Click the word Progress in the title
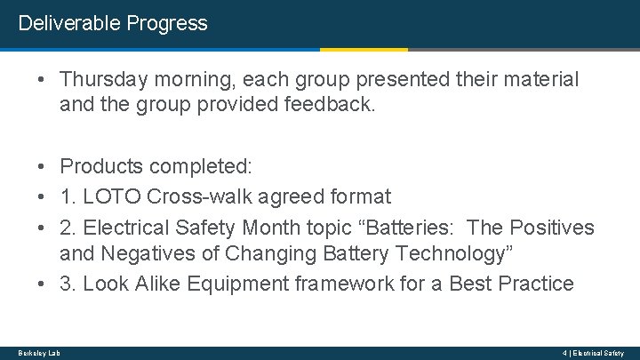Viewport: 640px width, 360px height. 167,23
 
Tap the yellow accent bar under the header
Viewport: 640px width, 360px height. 364,50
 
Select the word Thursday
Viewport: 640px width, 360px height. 101,80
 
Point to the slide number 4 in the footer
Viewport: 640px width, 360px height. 564,353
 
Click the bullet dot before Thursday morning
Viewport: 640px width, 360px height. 43,80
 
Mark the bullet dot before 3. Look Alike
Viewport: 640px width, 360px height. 43,284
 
